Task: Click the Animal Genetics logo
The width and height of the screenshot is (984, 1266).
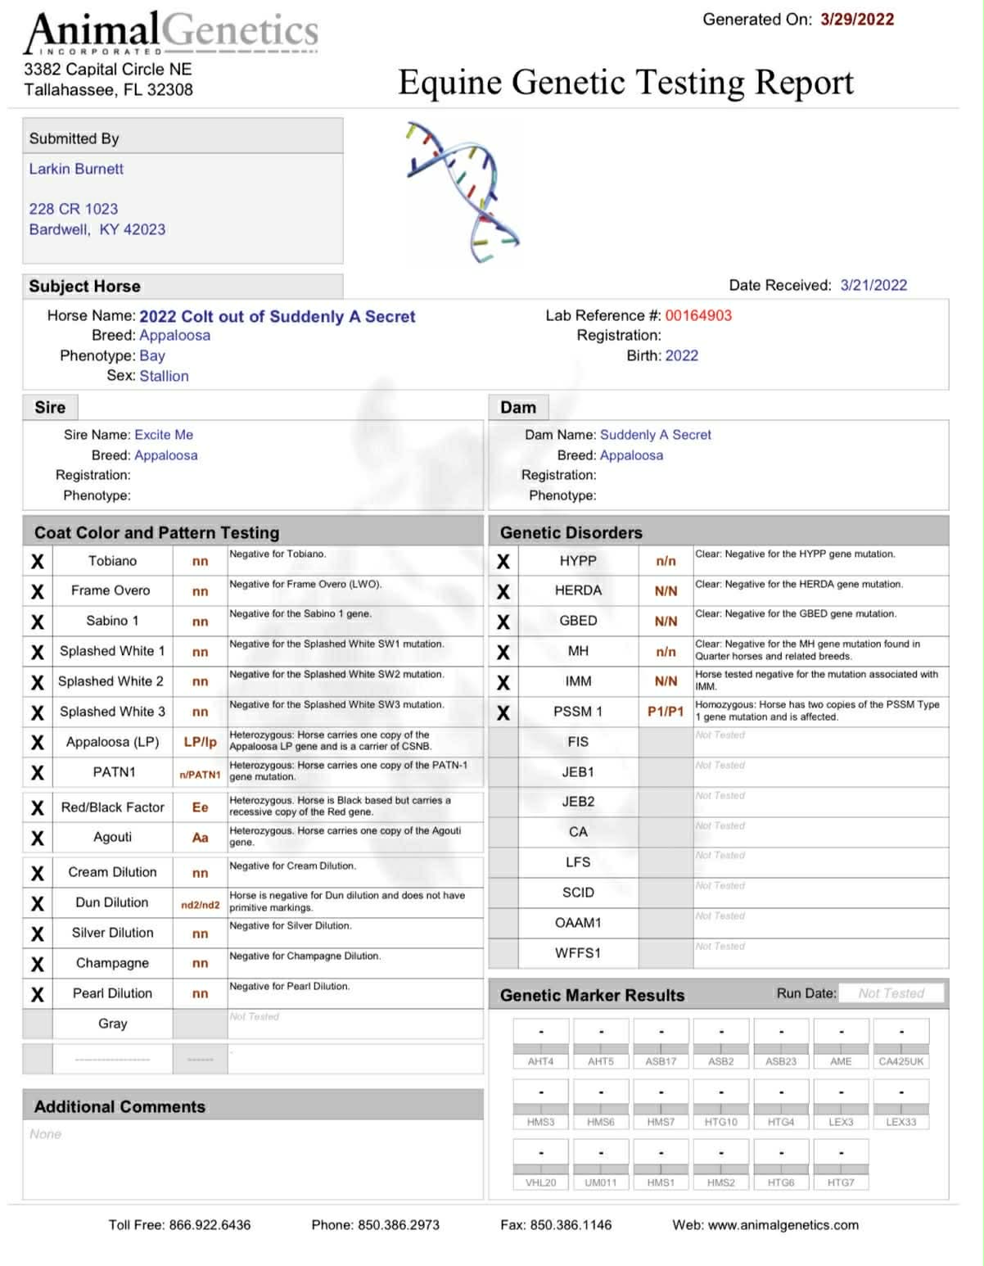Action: tap(171, 33)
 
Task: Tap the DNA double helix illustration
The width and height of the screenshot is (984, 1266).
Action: tap(463, 192)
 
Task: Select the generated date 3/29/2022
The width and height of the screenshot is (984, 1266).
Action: tap(857, 20)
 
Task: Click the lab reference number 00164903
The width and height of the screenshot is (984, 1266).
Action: tap(698, 315)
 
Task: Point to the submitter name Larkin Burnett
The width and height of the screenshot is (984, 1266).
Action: tap(76, 169)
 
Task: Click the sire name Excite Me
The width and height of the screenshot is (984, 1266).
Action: tap(164, 435)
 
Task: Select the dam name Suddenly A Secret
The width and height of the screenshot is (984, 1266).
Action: tap(656, 435)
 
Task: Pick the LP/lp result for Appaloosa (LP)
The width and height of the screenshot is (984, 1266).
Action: tap(200, 742)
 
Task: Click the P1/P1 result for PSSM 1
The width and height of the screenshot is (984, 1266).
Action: tap(666, 712)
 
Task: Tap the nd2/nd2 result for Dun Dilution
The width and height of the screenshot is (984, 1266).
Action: tap(200, 905)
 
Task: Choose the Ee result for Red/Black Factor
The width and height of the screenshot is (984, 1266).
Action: tap(200, 807)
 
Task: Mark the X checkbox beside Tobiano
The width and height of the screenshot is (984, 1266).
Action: tap(38, 562)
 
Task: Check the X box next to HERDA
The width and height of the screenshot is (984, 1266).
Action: tap(503, 591)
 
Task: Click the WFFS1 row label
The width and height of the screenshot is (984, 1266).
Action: tap(578, 953)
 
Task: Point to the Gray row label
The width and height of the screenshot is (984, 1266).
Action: tap(113, 1024)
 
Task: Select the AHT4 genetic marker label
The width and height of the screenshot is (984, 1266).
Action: tap(540, 1061)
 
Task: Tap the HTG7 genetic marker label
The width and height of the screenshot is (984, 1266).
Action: tap(841, 1182)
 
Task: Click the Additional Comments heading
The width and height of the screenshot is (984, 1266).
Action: tap(120, 1106)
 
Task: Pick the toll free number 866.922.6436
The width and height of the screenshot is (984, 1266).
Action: tap(210, 1225)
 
